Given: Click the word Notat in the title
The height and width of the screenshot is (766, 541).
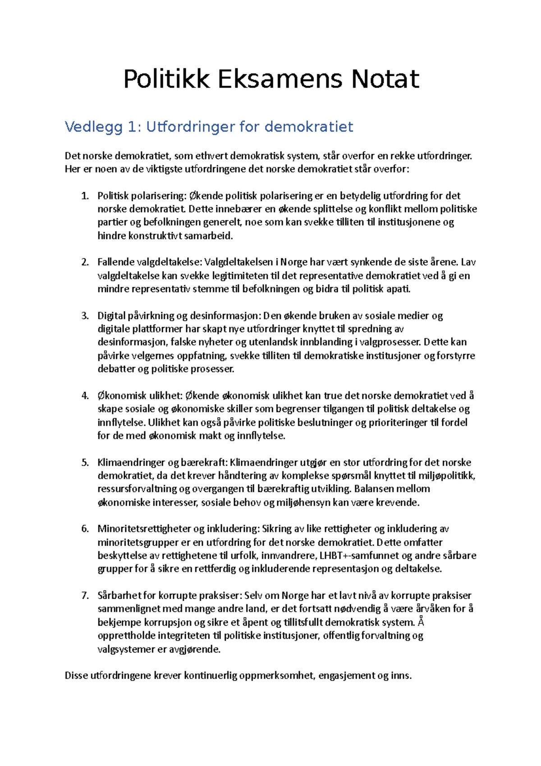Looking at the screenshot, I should pos(385,79).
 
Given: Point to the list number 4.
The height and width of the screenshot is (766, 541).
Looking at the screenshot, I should pos(85,396).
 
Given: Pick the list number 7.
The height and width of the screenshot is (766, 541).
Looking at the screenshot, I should pos(85,595).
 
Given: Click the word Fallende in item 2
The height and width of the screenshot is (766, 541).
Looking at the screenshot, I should pos(116,262).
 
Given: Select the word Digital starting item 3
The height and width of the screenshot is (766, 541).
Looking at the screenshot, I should pos(111,316).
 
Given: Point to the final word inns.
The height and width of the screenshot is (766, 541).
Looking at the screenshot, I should pos(401,676).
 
